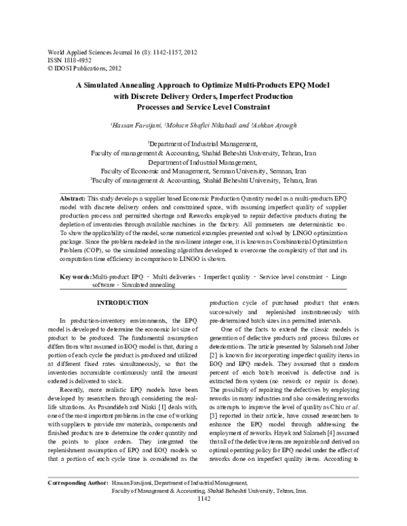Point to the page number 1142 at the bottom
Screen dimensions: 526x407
point(203,518)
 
